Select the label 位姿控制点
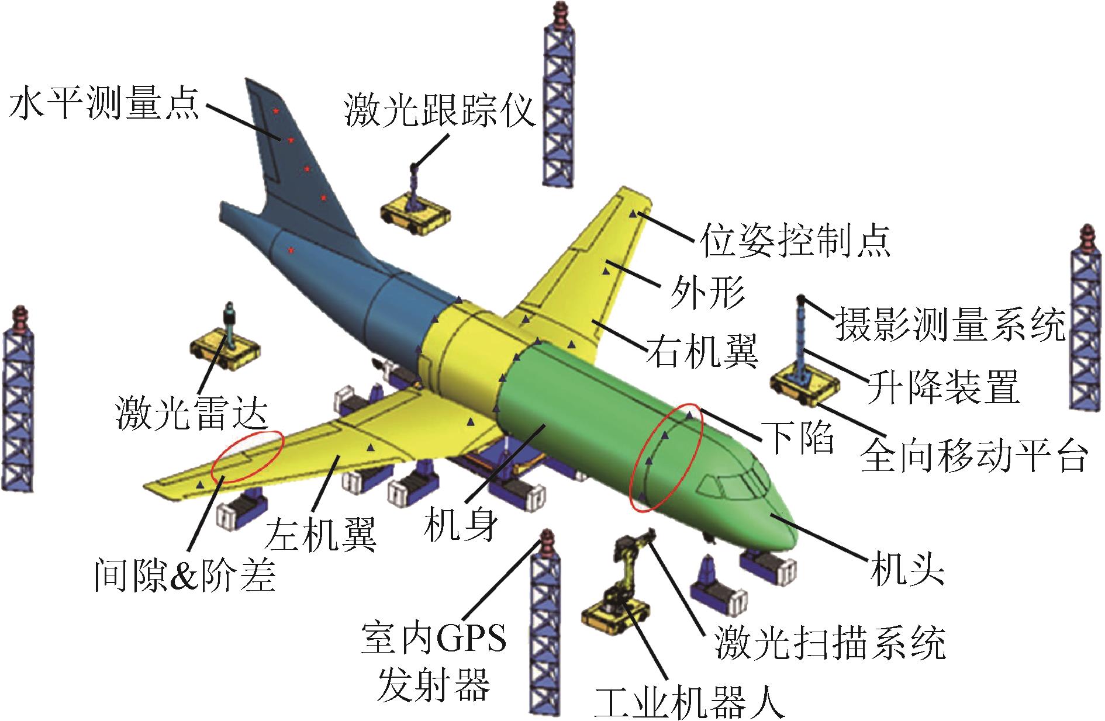tap(795, 239)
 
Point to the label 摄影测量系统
tap(950, 324)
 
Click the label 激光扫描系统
tap(830, 643)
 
